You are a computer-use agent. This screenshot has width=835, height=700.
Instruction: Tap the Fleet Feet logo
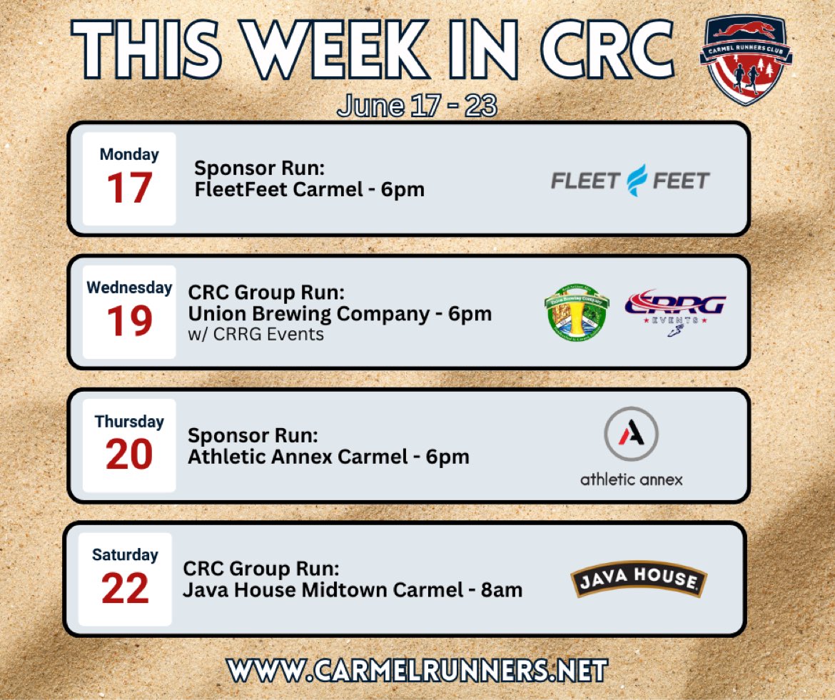630,181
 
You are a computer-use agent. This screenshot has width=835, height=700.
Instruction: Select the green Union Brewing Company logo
576,312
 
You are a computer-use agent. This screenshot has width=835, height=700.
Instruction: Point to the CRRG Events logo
674,310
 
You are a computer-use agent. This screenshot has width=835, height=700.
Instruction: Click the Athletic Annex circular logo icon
631,434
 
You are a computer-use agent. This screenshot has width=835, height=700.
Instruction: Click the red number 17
129,189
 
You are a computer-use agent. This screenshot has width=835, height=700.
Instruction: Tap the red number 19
129,322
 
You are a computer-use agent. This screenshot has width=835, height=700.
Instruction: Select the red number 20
129,455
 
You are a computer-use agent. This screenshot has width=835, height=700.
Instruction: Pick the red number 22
125,588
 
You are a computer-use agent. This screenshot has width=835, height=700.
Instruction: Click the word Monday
129,154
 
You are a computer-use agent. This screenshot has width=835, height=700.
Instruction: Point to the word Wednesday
129,288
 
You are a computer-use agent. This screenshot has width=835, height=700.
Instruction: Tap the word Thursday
129,422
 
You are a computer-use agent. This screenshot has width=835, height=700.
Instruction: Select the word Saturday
125,554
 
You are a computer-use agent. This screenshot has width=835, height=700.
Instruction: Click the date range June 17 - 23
417,106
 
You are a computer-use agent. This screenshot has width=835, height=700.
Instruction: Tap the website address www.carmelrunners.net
417,670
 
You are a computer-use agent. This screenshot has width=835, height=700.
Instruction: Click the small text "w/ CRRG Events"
255,333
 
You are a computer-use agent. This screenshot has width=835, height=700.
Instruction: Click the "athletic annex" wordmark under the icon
631,479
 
